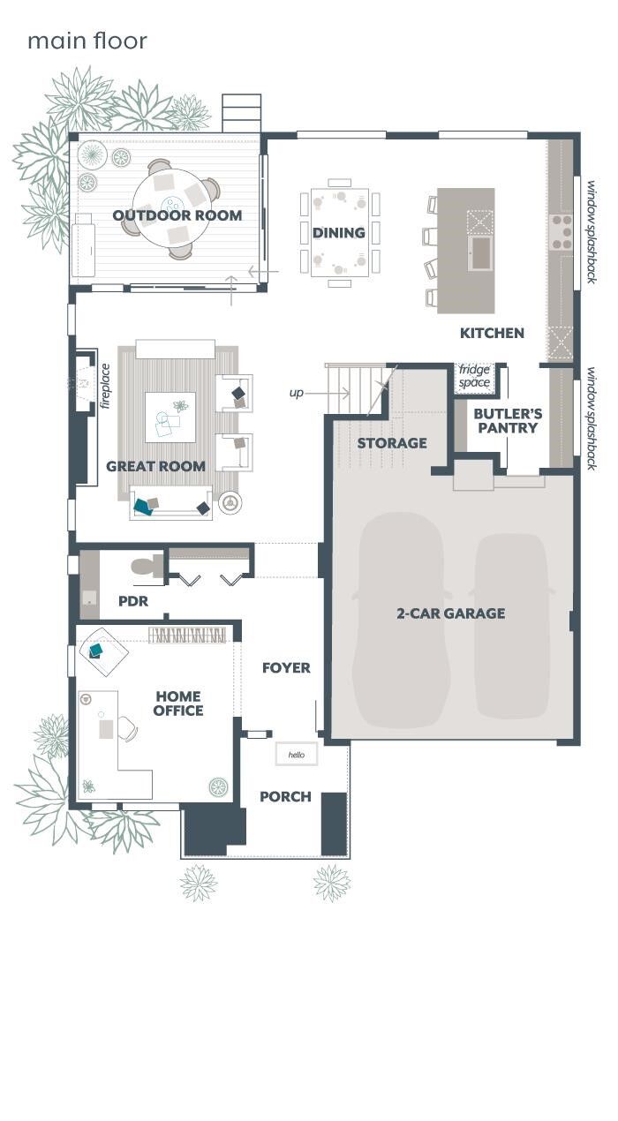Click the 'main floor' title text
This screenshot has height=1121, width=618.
[87, 41]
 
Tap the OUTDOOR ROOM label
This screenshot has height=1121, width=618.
[177, 215]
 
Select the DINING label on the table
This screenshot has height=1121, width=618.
[339, 233]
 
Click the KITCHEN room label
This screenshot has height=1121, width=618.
[492, 333]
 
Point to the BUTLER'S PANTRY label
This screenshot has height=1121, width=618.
[508, 420]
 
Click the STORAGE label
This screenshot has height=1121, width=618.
[392, 443]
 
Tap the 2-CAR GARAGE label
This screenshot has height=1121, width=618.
[450, 613]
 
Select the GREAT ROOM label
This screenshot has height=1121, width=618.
[155, 466]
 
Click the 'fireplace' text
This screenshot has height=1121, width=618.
[105, 386]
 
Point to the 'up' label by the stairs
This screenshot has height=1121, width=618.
[296, 393]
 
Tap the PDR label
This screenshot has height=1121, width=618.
[132, 602]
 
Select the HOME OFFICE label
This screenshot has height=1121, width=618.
[178, 703]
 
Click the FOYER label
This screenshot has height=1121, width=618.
[286, 668]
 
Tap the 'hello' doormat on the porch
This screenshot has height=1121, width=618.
[296, 755]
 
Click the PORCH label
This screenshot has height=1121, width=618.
[285, 797]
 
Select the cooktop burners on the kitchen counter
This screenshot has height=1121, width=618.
[561, 231]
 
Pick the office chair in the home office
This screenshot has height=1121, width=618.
[126, 728]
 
